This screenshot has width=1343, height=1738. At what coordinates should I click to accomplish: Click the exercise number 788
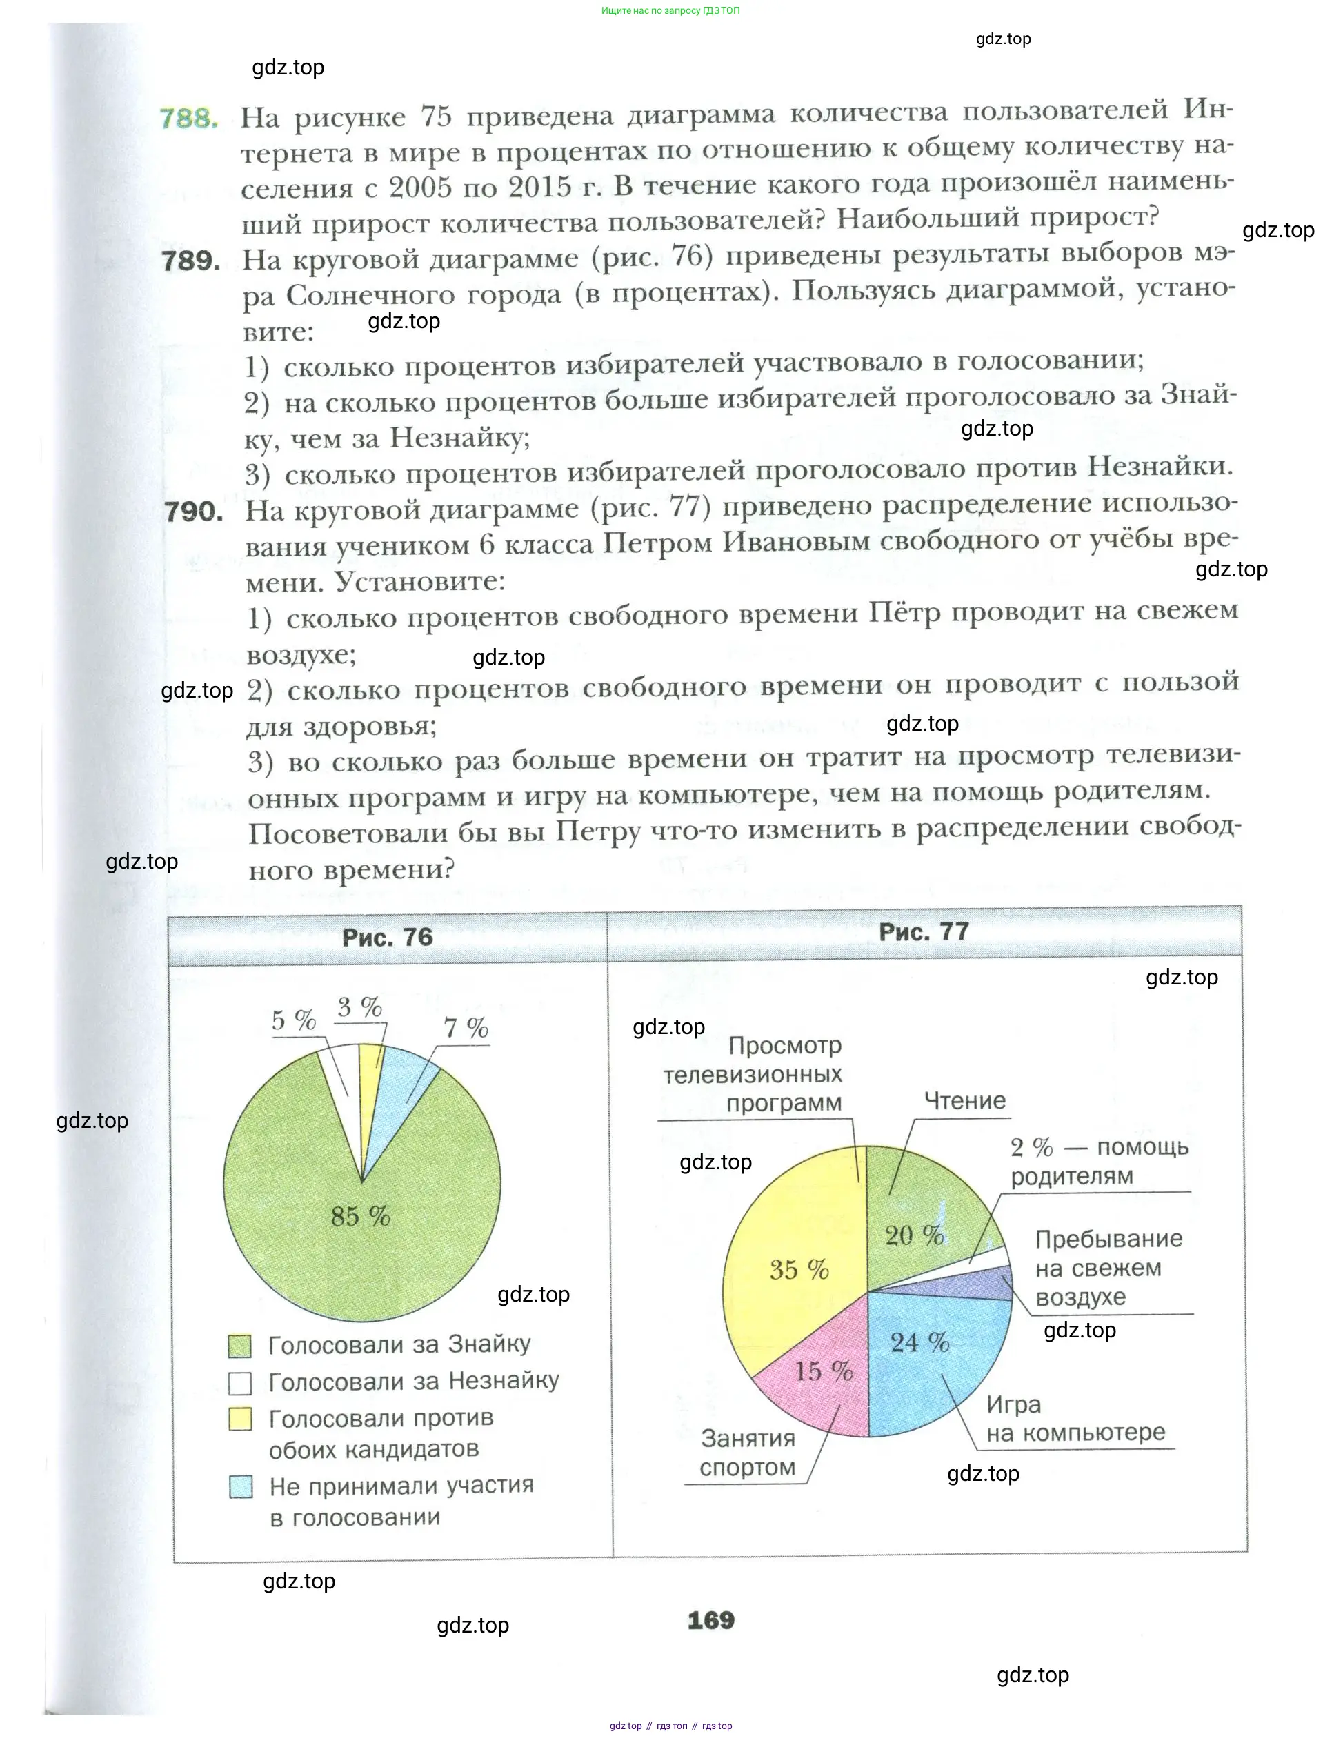189,119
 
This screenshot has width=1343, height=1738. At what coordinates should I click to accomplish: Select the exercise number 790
195,511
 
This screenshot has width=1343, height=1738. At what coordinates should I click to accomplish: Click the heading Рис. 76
388,938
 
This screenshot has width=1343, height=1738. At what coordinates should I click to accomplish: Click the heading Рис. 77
924,932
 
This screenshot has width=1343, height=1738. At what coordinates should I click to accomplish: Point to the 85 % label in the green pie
361,1216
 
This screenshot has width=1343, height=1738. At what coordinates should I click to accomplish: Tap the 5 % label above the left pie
294,1020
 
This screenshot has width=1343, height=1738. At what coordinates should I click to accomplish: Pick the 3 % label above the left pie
360,1007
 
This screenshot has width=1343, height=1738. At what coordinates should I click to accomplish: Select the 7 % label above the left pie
466,1027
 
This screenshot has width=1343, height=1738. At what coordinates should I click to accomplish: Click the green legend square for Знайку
239,1346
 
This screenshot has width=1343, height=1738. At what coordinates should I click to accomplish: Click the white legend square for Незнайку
239,1383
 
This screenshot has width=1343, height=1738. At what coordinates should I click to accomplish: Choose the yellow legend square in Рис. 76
239,1419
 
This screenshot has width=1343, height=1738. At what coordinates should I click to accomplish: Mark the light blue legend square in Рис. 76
241,1486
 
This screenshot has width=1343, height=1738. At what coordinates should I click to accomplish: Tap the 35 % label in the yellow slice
799,1269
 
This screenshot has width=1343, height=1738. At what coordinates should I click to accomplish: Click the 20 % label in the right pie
914,1235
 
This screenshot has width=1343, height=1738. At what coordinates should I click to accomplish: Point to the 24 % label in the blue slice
919,1342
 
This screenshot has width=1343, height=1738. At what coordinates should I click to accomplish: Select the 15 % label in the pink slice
823,1371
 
